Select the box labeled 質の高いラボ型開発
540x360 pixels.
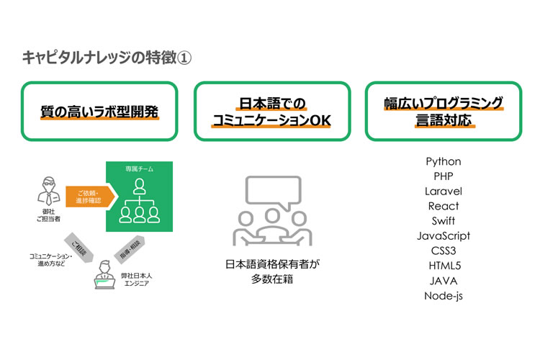(x=99, y=112)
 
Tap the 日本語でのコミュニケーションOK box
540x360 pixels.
(x=271, y=112)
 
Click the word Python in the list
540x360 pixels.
(x=443, y=161)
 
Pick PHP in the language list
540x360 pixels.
(x=443, y=176)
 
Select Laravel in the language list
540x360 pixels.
(x=443, y=192)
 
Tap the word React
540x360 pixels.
(x=443, y=206)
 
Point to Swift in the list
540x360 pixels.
(x=443, y=221)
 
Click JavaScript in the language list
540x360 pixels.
(x=443, y=236)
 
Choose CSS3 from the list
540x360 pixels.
(x=443, y=251)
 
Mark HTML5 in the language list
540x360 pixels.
(x=443, y=266)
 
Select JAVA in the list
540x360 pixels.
(x=443, y=281)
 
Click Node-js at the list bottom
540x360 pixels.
(x=443, y=296)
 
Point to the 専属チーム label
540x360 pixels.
(x=138, y=168)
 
